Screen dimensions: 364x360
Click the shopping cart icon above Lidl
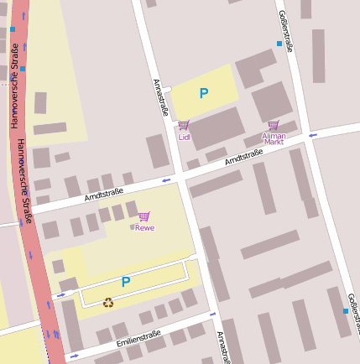click(x=183, y=126)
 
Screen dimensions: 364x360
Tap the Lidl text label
click(x=184, y=137)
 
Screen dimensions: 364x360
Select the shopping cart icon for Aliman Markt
click(x=274, y=125)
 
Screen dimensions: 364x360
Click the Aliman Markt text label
click(x=274, y=138)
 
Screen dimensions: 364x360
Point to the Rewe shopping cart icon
click(x=144, y=216)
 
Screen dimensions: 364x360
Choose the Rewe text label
click(x=145, y=228)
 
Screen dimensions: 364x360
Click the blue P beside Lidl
click(x=203, y=94)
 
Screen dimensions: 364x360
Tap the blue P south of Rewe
click(x=126, y=283)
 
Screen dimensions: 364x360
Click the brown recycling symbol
click(x=108, y=302)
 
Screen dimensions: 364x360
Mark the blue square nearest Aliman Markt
click(x=279, y=43)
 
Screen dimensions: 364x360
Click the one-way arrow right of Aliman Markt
click(x=312, y=134)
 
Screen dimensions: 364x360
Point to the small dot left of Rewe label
click(x=132, y=227)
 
